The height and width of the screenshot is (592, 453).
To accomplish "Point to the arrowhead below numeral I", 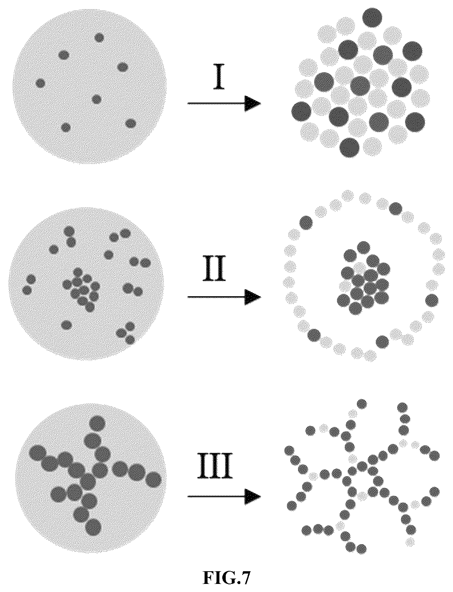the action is pyautogui.click(x=253, y=103).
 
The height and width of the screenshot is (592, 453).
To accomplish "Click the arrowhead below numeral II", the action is pyautogui.click(x=253, y=297).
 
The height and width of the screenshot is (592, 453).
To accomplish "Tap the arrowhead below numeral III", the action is pyautogui.click(x=253, y=497).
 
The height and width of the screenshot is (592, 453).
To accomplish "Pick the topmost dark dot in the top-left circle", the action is pyautogui.click(x=99, y=38).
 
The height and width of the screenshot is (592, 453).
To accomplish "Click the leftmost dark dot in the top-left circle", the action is pyautogui.click(x=40, y=83).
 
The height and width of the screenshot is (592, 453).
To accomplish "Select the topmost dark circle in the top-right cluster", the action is pyautogui.click(x=372, y=18).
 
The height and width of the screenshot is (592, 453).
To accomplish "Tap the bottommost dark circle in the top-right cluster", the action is pyautogui.click(x=350, y=148).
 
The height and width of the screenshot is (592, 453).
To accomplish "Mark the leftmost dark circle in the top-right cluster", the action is pyautogui.click(x=301, y=112).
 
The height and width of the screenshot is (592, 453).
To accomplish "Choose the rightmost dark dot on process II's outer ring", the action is pyautogui.click(x=432, y=300).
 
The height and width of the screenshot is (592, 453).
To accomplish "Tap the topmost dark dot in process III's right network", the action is pyautogui.click(x=361, y=404).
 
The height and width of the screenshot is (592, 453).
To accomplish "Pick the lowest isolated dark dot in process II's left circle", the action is pyautogui.click(x=66, y=325).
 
